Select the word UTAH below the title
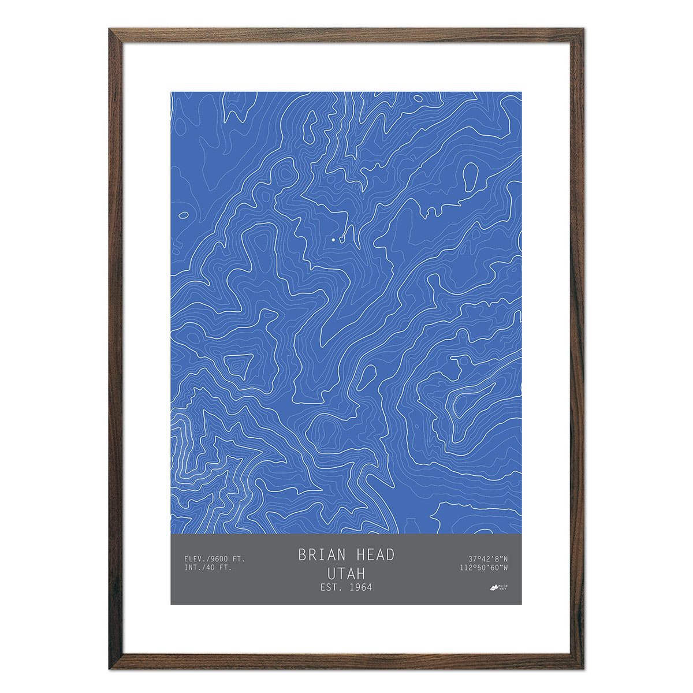[346, 573]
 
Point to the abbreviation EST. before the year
[330, 587]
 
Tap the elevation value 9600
[219, 558]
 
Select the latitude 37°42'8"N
[489, 558]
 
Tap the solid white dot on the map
[333, 239]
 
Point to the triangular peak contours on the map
[236, 364]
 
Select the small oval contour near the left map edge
[184, 215]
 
